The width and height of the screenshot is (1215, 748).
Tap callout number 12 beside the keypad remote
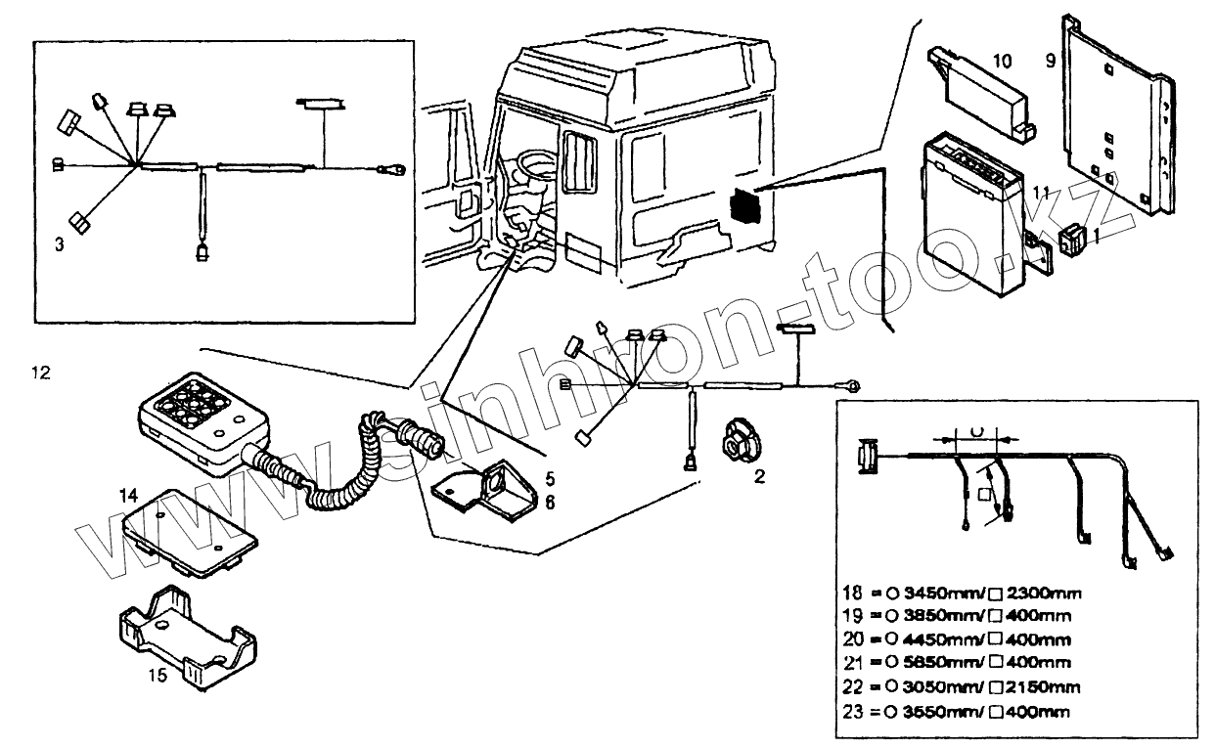[39, 373]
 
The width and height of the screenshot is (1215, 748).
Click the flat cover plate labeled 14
[192, 532]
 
